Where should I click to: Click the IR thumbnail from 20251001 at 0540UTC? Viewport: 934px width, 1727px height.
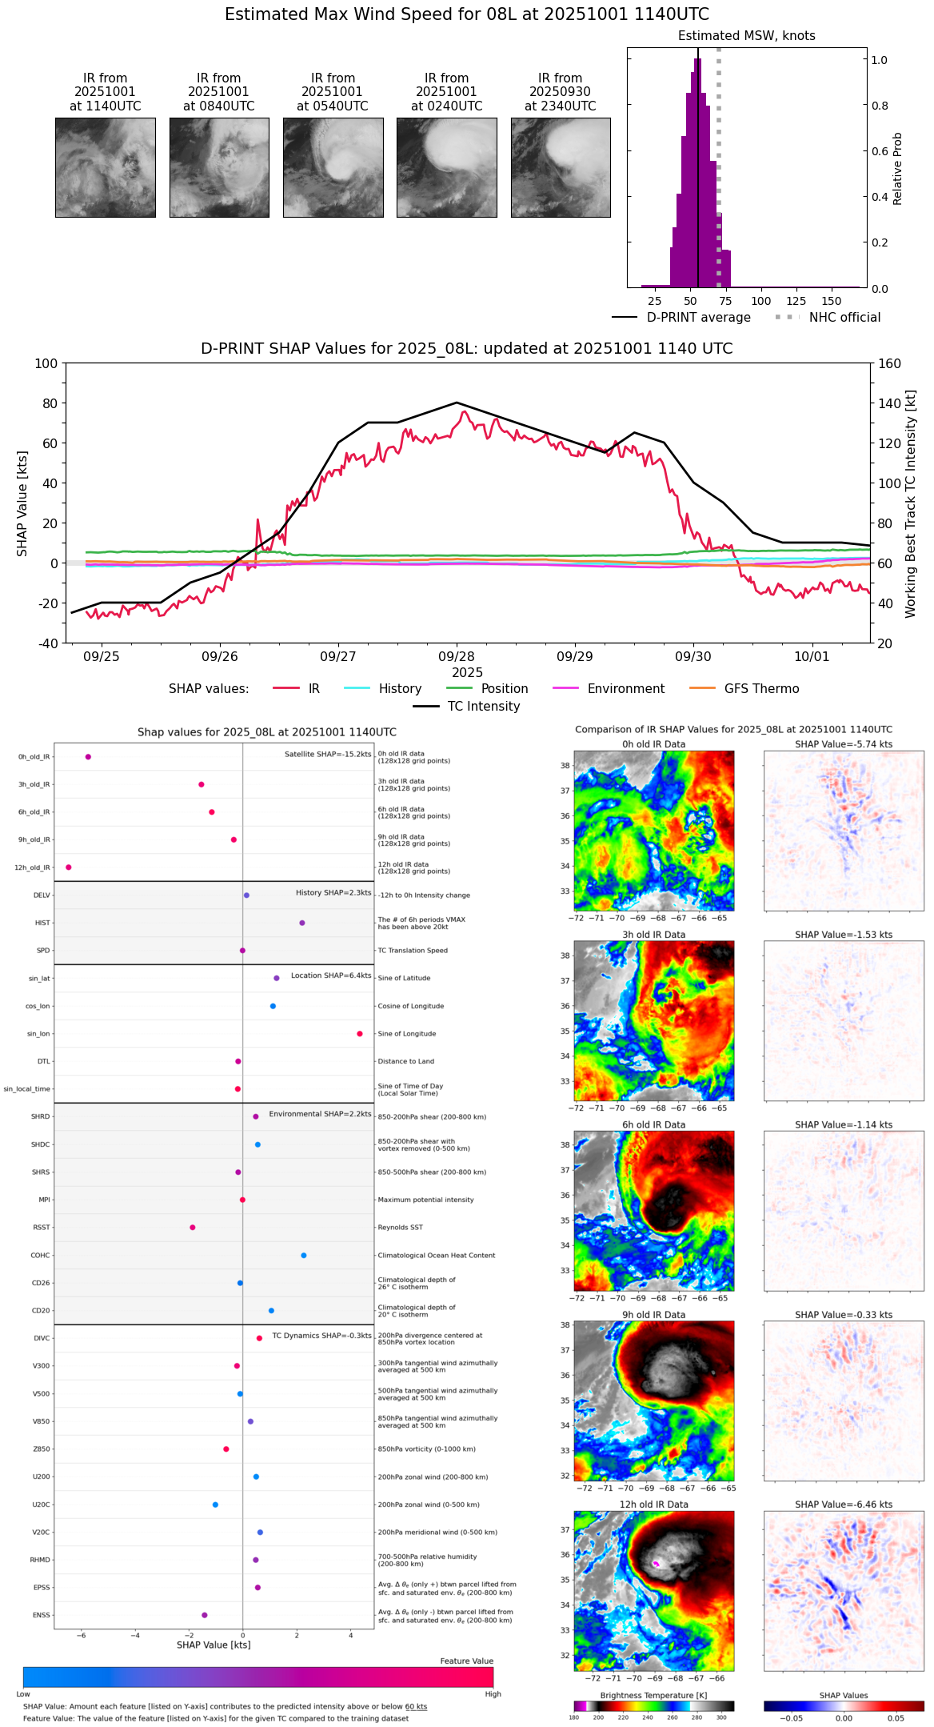pos(333,167)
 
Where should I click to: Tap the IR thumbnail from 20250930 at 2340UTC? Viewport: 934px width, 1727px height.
pos(561,167)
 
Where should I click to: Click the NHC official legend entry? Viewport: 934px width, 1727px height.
pos(844,318)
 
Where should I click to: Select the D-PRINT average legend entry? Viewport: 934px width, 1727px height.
pos(698,318)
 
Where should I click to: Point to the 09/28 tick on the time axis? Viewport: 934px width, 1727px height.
pos(457,656)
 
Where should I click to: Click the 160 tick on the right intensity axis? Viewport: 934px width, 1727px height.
pos(889,363)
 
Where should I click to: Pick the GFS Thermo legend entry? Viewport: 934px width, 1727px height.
pos(761,689)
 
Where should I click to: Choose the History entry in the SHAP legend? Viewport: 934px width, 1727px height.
pos(400,689)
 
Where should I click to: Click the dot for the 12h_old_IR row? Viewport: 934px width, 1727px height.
pos(69,868)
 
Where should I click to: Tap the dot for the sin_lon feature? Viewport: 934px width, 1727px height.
pos(360,1034)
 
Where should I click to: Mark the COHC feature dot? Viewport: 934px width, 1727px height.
pos(304,1256)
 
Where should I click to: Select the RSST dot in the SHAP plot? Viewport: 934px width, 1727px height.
pos(193,1228)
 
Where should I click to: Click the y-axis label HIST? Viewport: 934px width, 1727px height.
pos(42,924)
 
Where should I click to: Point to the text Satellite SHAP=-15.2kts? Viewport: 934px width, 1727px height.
pos(328,755)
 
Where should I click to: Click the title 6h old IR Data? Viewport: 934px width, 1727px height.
pos(653,1124)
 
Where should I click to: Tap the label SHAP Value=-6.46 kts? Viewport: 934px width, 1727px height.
pos(844,1505)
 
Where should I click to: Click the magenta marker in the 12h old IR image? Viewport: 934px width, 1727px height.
pos(656,1563)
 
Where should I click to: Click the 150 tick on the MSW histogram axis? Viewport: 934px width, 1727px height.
pos(832,301)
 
